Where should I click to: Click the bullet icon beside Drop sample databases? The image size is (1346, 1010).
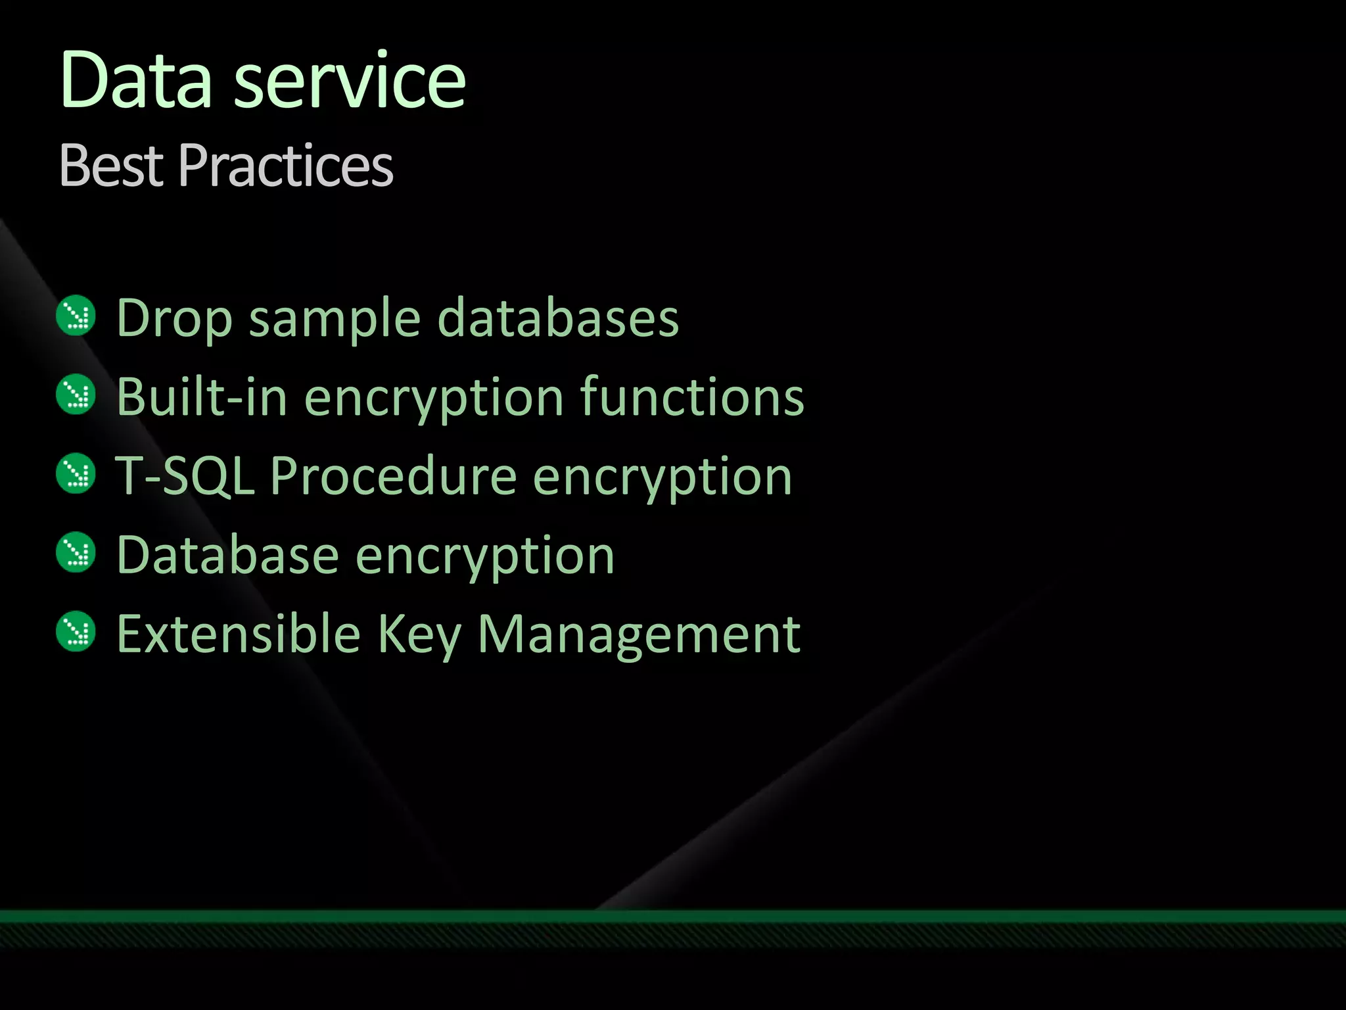pos(76,316)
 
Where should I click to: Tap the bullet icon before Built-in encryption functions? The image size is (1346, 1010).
pos(76,395)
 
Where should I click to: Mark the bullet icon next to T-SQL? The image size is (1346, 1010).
pos(76,473)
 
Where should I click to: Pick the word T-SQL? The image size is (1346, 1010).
pos(185,476)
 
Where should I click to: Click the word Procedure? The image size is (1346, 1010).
pos(393,476)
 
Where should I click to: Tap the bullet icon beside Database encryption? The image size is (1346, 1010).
pos(76,552)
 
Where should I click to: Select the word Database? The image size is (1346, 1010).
pos(227,556)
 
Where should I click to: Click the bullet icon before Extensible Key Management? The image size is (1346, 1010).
pos(76,631)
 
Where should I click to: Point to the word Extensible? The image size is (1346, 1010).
pos(239,634)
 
